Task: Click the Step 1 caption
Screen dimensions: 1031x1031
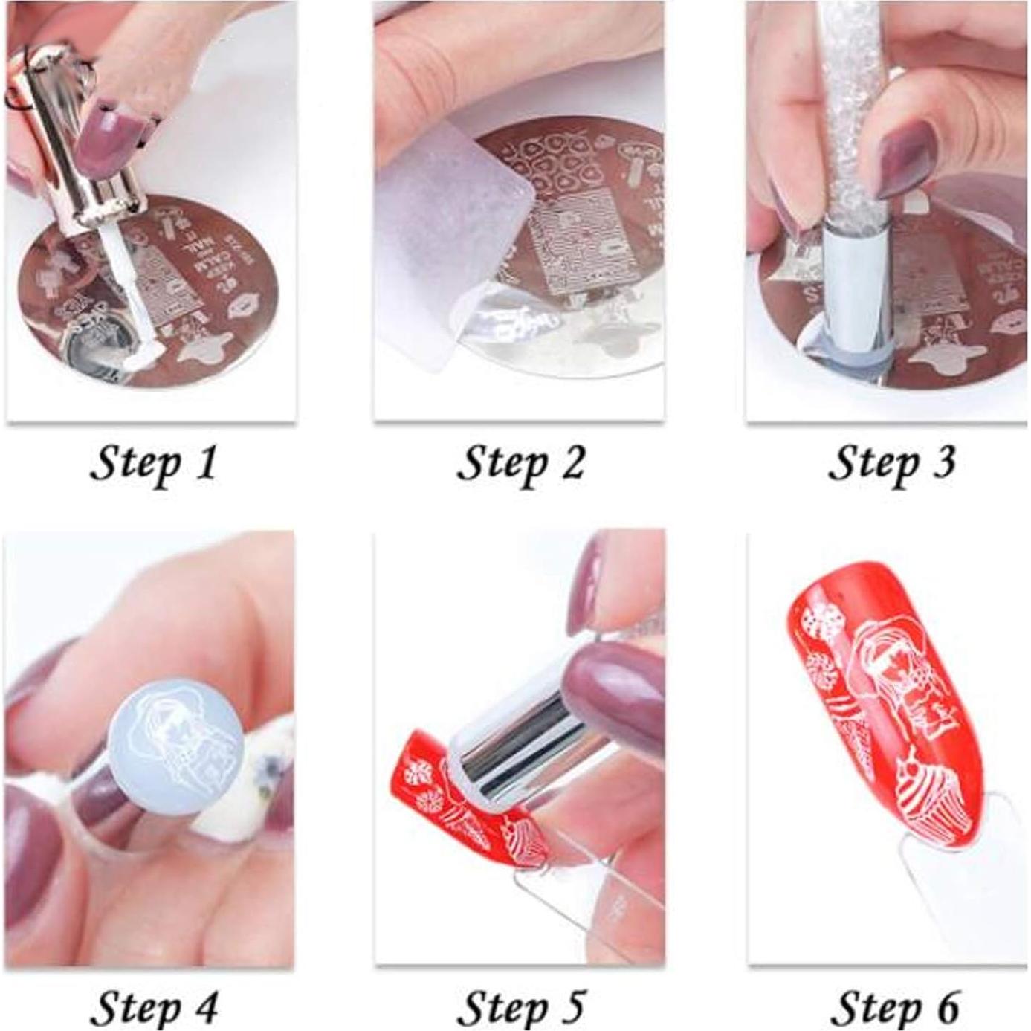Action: tap(153, 464)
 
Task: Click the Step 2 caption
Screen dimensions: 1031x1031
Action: tap(520, 464)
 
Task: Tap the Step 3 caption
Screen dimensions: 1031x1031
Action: tap(891, 464)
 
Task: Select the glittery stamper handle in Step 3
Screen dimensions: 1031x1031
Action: tap(847, 111)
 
